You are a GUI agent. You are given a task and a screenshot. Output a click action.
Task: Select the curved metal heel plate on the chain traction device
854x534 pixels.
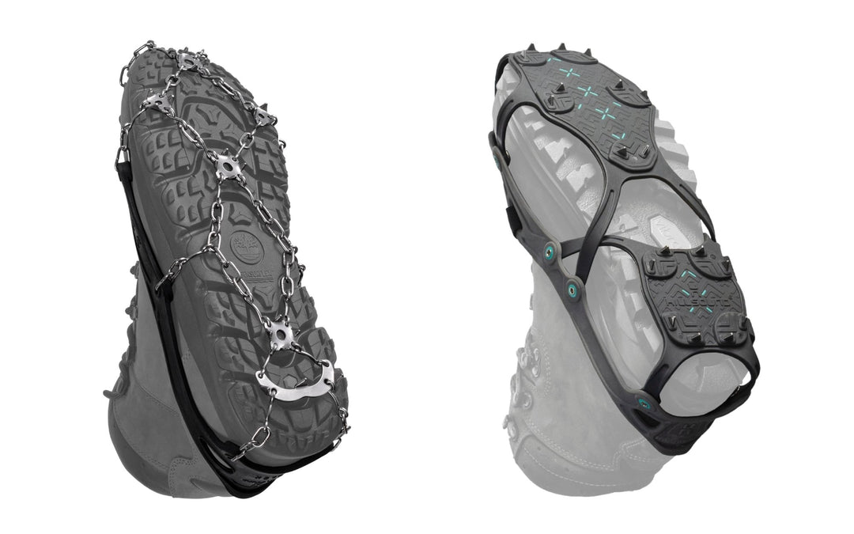[x=294, y=379]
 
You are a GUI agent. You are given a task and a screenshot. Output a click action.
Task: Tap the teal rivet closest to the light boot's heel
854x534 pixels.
[x=644, y=404]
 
